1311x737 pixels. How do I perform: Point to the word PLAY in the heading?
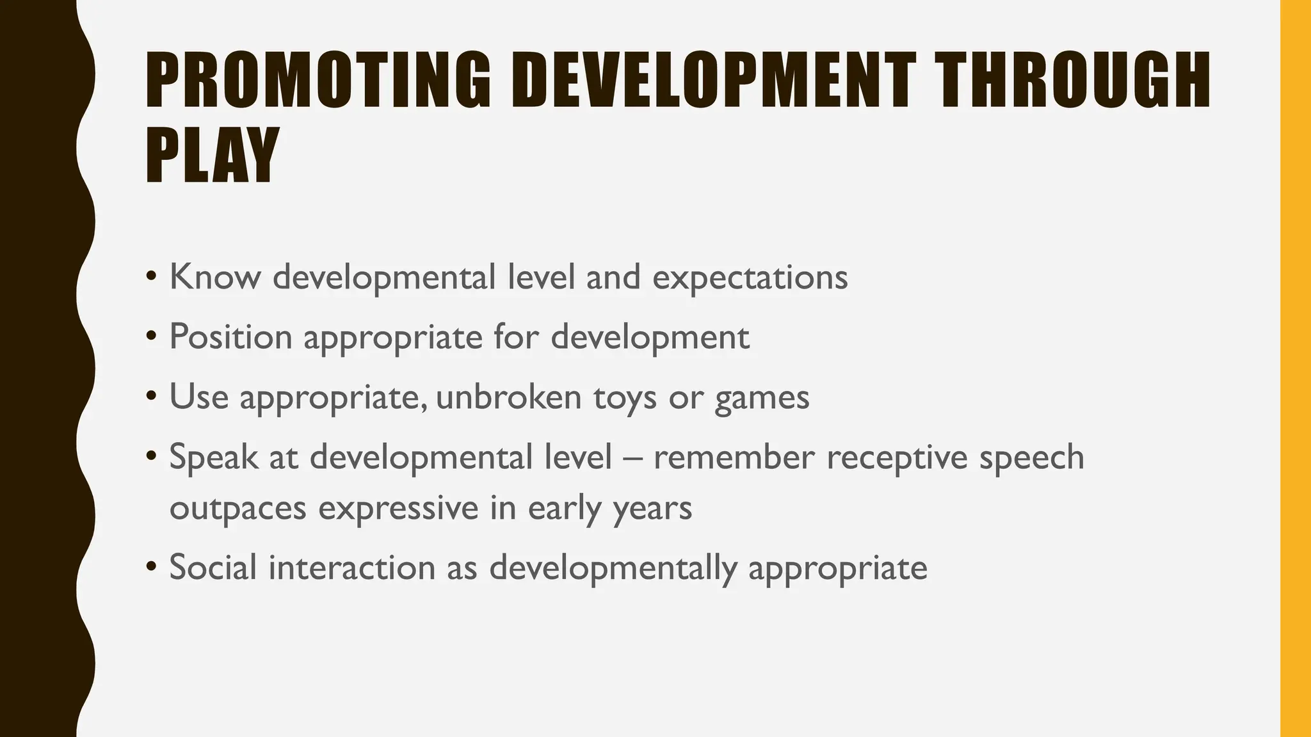(x=212, y=155)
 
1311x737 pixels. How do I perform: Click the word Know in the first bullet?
(x=215, y=277)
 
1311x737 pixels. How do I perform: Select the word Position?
(x=230, y=337)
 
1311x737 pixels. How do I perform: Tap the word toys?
(x=625, y=398)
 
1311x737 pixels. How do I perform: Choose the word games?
(x=762, y=398)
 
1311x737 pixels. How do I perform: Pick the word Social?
(x=213, y=567)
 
